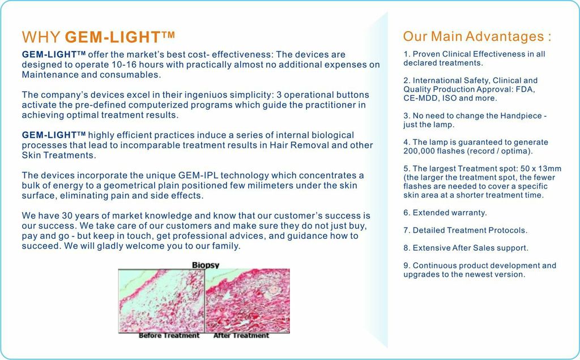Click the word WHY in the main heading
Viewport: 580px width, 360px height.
[x=41, y=37]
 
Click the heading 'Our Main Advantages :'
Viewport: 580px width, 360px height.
[x=477, y=36]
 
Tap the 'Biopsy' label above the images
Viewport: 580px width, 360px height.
[x=206, y=265]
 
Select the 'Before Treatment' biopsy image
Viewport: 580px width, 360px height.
[x=161, y=301]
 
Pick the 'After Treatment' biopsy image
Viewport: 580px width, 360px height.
[x=248, y=301]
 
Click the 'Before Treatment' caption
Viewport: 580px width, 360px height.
[x=169, y=335]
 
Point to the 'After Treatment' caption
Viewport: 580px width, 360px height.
[x=241, y=335]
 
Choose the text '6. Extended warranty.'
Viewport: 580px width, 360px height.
[x=445, y=212]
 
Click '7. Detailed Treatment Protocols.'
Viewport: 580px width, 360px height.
[x=466, y=230]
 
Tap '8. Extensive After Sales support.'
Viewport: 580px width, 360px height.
[x=466, y=247]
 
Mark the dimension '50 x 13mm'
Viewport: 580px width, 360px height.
[x=541, y=169]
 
